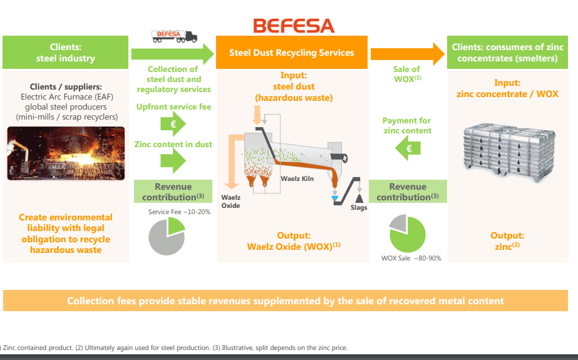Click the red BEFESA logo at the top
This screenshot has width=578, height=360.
click(x=294, y=25)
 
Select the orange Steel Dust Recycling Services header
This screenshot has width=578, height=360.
click(x=291, y=53)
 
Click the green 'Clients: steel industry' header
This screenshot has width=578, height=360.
click(x=65, y=53)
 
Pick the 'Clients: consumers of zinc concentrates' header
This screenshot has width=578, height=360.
click(x=507, y=53)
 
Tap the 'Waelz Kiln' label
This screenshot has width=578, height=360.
click(x=297, y=179)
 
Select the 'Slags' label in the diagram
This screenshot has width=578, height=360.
click(x=359, y=207)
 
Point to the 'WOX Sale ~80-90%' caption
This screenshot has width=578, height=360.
click(x=411, y=258)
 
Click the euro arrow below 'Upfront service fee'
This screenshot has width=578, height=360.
click(x=173, y=125)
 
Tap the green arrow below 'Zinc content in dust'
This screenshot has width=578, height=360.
click(x=173, y=162)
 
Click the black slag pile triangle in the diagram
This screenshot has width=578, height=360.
click(x=359, y=197)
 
